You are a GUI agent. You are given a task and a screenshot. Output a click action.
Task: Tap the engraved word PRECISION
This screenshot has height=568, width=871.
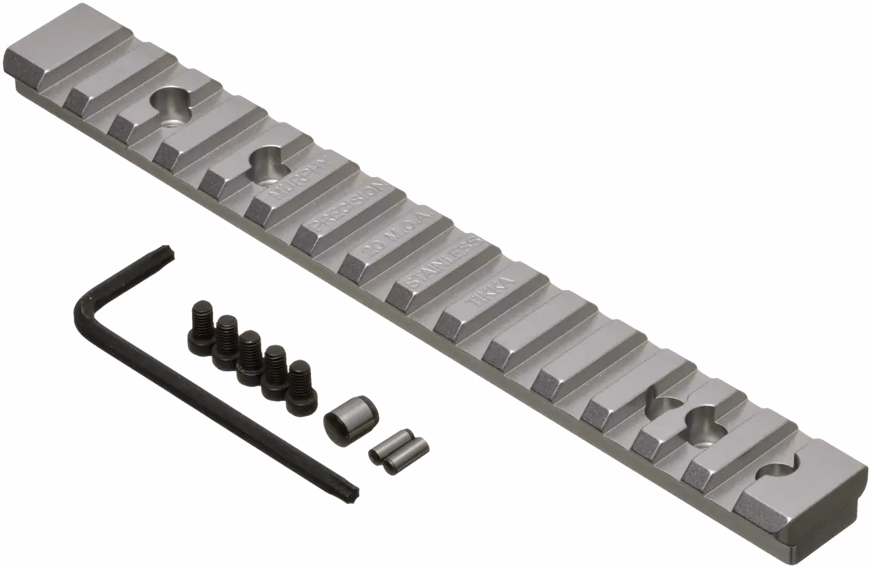pos(348,205)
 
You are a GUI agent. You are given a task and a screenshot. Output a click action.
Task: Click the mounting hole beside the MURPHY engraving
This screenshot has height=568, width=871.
pos(265,163)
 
